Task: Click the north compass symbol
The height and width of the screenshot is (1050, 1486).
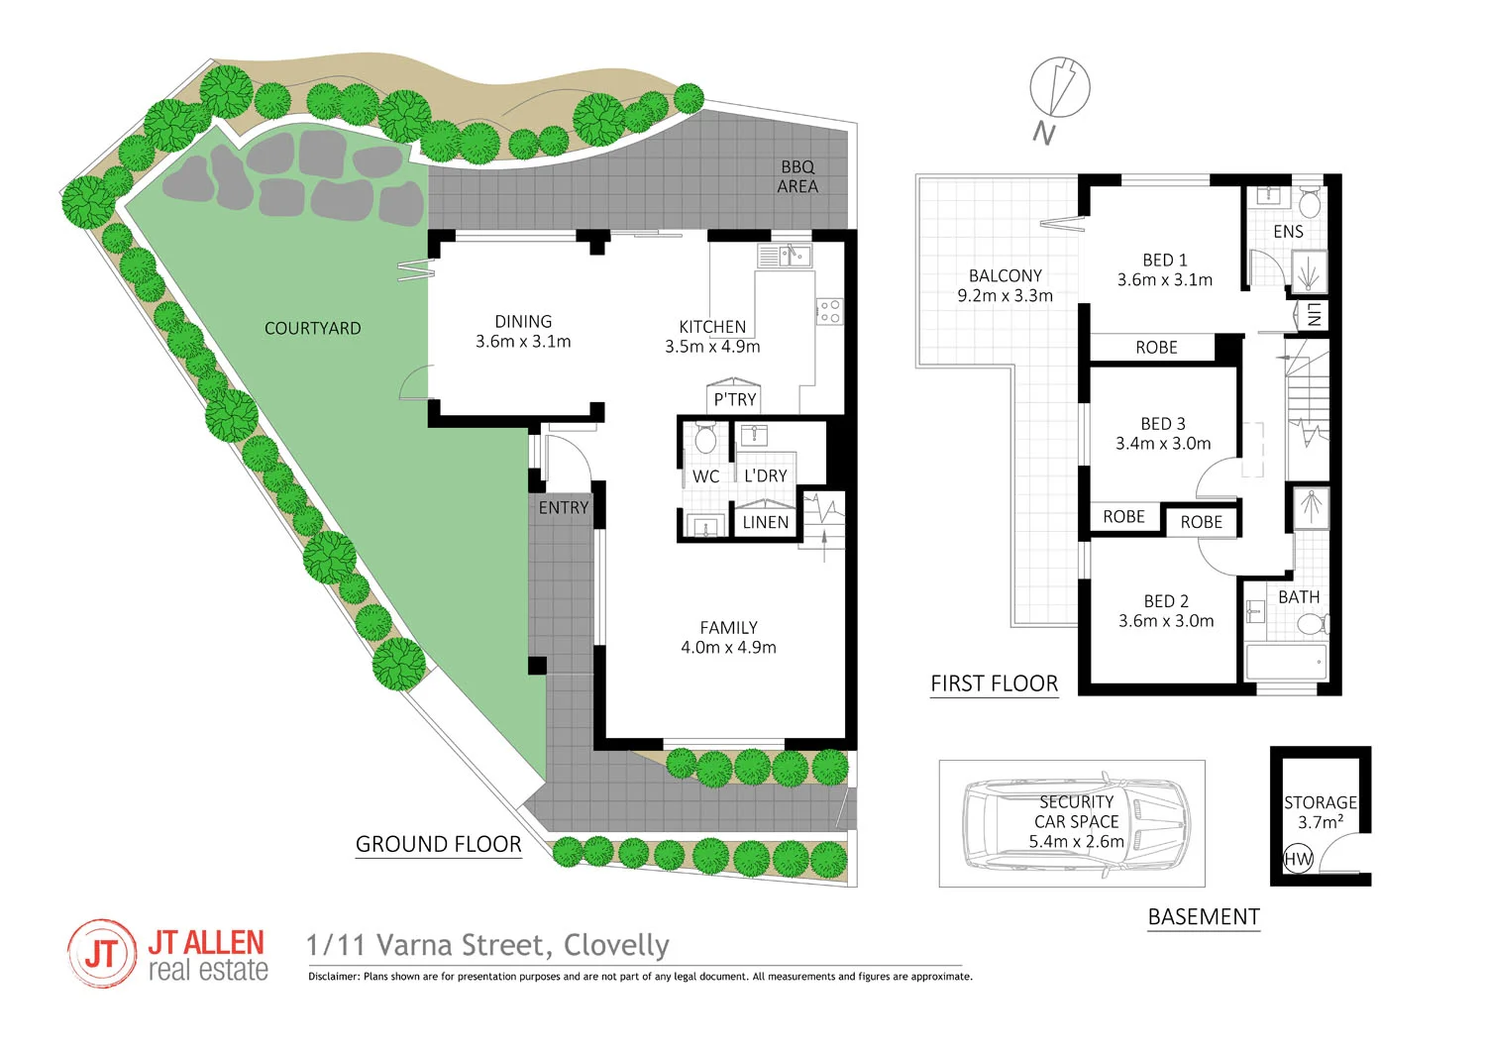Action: (1059, 87)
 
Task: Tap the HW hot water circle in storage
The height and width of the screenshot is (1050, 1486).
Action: (1298, 859)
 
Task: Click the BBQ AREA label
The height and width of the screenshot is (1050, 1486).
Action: (797, 177)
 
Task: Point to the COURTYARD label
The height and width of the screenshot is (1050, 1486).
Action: (312, 328)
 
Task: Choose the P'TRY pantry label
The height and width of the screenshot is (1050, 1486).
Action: (735, 399)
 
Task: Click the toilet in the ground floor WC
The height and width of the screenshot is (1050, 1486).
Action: (705, 439)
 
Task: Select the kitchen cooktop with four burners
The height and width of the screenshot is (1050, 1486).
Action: (829, 311)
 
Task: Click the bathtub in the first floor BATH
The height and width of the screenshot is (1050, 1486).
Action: (1286, 662)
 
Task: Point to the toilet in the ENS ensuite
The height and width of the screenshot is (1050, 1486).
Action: (1309, 204)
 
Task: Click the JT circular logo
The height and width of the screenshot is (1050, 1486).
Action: (101, 954)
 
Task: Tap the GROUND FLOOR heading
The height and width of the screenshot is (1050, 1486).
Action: (438, 844)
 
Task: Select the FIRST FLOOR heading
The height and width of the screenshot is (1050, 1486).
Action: (994, 683)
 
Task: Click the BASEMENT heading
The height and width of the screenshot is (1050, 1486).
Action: (1204, 917)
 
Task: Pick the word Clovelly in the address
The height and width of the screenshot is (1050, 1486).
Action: (616, 946)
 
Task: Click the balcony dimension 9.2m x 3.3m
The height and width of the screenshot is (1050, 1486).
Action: (1005, 295)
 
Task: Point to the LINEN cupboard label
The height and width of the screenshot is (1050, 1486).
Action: (766, 522)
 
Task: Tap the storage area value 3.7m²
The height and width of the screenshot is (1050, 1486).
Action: (1321, 822)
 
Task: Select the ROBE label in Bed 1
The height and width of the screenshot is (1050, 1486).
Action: (1156, 348)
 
